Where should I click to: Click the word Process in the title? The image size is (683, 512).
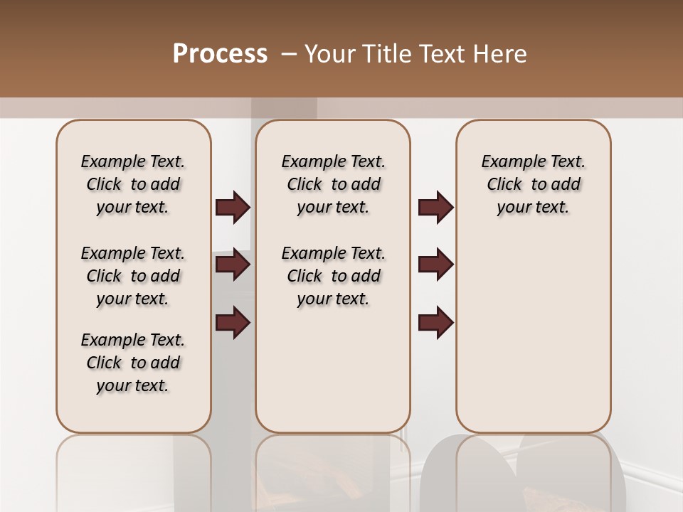tap(220, 54)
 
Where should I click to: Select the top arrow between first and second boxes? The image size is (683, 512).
tap(233, 208)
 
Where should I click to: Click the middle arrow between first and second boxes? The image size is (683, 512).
tap(233, 265)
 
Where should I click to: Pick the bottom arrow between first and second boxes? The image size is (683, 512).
tap(233, 322)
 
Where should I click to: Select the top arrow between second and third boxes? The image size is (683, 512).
tap(435, 208)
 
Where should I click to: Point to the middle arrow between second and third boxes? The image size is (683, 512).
tap(435, 265)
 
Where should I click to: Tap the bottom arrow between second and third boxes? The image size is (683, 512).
tap(435, 322)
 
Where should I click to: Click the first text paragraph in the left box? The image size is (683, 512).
tap(133, 184)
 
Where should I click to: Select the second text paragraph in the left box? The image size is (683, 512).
tap(133, 276)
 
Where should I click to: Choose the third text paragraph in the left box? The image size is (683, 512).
tap(133, 363)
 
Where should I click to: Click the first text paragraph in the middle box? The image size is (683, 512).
tap(333, 184)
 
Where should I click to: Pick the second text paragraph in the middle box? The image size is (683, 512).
tap(333, 276)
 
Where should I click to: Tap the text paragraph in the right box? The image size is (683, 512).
tap(533, 184)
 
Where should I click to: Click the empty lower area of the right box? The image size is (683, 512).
tap(533, 334)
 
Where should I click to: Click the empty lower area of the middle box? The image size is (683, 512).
tap(333, 370)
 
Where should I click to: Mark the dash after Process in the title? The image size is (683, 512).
tap(289, 54)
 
